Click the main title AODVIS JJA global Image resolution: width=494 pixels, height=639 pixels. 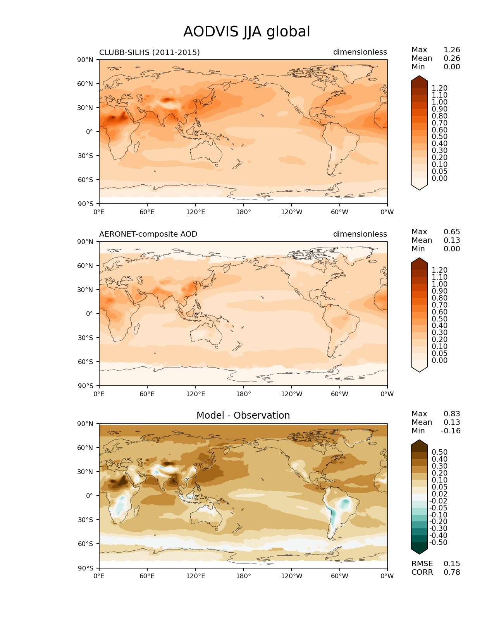[x=246, y=32]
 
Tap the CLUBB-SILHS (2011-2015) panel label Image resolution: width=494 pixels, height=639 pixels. [x=150, y=52]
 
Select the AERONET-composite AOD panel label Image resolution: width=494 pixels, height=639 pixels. [x=148, y=234]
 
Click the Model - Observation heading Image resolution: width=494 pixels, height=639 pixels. [x=243, y=416]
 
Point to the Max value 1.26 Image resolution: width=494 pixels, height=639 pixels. [x=452, y=50]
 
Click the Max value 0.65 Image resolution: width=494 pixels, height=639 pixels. [x=452, y=232]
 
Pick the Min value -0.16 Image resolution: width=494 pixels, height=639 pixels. [x=451, y=431]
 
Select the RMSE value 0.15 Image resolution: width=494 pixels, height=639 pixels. [x=452, y=564]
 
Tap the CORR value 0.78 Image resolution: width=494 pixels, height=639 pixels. [x=452, y=572]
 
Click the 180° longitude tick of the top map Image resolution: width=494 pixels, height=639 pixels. [x=243, y=212]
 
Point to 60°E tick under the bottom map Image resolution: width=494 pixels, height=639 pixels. [x=147, y=576]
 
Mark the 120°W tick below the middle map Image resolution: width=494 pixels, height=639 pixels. [x=292, y=394]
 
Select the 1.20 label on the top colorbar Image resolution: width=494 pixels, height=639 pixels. [x=439, y=88]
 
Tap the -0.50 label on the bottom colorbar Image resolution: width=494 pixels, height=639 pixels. [x=438, y=543]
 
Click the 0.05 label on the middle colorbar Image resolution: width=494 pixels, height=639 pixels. [x=439, y=354]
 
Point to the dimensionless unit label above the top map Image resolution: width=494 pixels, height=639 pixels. [x=360, y=52]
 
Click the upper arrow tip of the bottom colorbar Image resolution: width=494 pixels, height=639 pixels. [x=419, y=441]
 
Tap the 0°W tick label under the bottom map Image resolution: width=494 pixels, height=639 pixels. [x=387, y=576]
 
